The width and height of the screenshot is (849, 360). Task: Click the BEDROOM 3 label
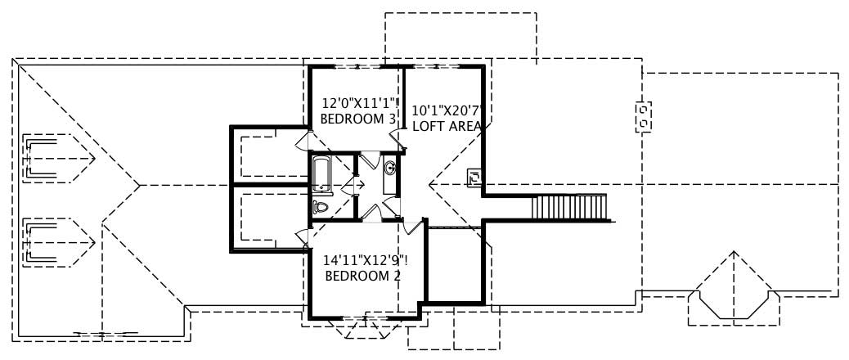tap(357, 119)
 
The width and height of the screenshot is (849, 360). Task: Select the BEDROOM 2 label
tap(362, 276)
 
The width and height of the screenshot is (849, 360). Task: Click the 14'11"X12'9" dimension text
tap(364, 260)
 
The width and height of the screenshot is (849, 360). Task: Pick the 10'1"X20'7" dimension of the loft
tap(449, 110)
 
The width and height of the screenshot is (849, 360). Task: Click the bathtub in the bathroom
tap(320, 173)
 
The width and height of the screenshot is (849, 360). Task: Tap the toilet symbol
tap(320, 208)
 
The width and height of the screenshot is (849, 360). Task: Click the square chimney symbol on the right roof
tap(645, 115)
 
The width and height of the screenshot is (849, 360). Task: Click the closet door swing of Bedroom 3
tap(303, 141)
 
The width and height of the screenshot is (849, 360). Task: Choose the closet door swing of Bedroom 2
tap(302, 239)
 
